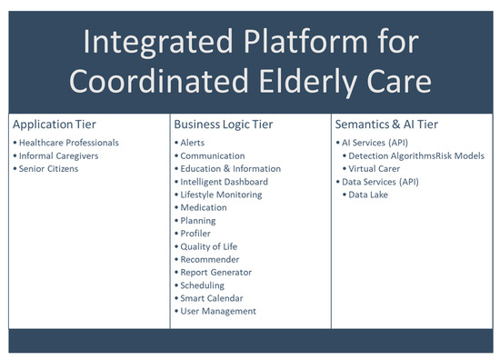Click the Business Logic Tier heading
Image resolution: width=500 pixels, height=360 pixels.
point(222,123)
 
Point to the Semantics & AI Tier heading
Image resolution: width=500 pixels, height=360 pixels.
point(385,123)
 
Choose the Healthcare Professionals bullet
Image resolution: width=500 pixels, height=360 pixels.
point(69,143)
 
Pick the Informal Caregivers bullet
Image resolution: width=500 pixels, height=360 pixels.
point(60,155)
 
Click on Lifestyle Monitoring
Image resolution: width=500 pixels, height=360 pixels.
point(221,195)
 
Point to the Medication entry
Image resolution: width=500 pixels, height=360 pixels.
point(205,207)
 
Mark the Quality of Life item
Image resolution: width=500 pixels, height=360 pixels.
point(210,246)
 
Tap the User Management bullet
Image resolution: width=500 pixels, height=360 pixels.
point(218,311)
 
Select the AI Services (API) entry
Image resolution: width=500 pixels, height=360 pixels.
point(375,143)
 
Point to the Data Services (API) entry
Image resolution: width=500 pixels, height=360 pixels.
point(380,182)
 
